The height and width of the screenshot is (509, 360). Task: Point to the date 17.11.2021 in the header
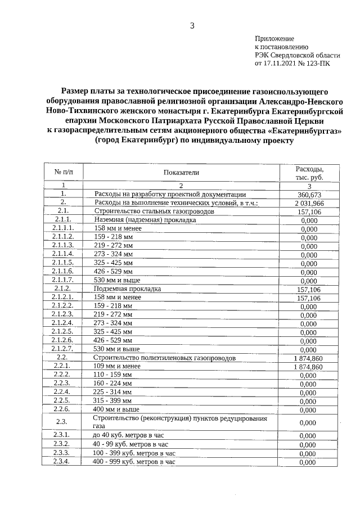pyautogui.click(x=280, y=64)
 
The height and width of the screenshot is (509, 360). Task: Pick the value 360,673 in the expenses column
pyautogui.click(x=309, y=194)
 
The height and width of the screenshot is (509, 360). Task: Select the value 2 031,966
pyautogui.click(x=309, y=202)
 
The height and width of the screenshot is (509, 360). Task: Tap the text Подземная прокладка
pyautogui.click(x=128, y=289)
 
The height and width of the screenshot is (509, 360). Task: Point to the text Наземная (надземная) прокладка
pyautogui.click(x=145, y=219)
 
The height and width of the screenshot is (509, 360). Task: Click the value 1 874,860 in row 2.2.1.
pyautogui.click(x=308, y=367)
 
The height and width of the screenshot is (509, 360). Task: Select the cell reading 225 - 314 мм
pyautogui.click(x=113, y=391)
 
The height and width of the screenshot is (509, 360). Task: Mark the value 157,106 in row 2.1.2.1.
pyautogui.click(x=309, y=298)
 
